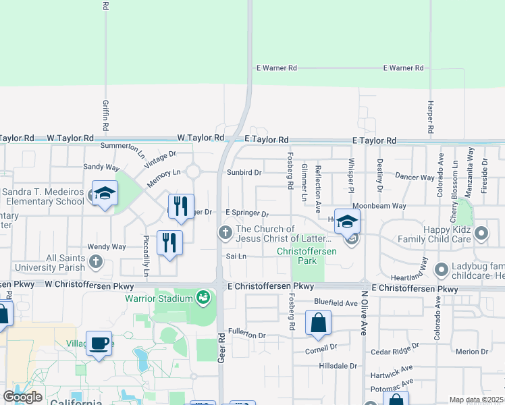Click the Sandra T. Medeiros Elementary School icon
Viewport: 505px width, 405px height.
point(105,194)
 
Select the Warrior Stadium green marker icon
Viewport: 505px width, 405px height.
point(203,296)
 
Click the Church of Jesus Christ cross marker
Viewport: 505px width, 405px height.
point(225,233)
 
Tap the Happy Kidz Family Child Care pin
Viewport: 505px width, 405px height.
point(481,234)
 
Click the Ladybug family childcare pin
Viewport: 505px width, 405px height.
point(442,270)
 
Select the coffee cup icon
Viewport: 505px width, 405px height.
point(99,343)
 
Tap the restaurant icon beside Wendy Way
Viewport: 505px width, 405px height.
point(169,242)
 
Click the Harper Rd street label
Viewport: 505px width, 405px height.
point(430,116)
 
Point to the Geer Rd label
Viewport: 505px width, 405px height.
point(221,347)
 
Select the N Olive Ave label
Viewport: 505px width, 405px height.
point(364,313)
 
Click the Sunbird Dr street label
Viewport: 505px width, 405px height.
point(244,172)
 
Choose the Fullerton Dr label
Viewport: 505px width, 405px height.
point(247,333)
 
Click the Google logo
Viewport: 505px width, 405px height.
point(23,397)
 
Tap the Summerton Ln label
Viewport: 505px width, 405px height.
point(122,146)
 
